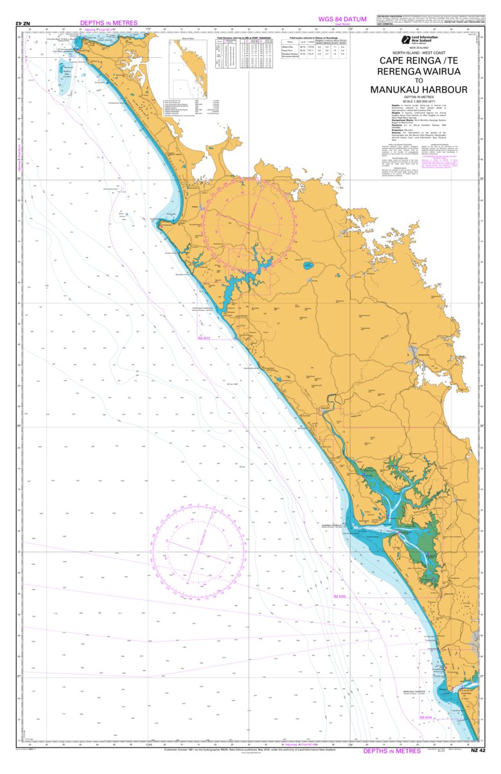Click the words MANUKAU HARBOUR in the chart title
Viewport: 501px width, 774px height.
pyautogui.click(x=419, y=90)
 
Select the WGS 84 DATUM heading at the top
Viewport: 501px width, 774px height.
pyautogui.click(x=342, y=19)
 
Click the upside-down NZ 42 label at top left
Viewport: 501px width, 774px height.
pyautogui.click(x=23, y=24)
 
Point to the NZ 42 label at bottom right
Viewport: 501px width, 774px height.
pyautogui.click(x=478, y=750)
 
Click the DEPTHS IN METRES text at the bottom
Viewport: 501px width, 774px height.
pyautogui.click(x=393, y=750)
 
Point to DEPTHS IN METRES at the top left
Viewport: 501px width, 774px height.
pyautogui.click(x=109, y=22)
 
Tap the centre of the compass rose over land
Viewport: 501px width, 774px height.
pyautogui.click(x=257, y=223)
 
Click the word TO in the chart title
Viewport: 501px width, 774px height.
pyautogui.click(x=419, y=81)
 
